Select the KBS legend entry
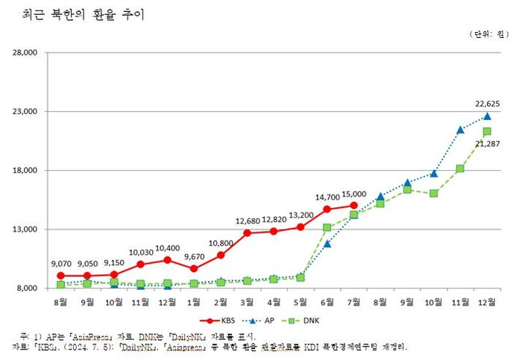click(221, 320)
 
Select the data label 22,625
click(487, 103)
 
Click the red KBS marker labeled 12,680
click(247, 233)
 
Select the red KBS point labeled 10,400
click(167, 260)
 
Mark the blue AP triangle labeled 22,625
click(487, 116)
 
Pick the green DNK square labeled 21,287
click(487, 131)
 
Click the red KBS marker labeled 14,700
click(327, 209)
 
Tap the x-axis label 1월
click(194, 302)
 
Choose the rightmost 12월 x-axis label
click(487, 302)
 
